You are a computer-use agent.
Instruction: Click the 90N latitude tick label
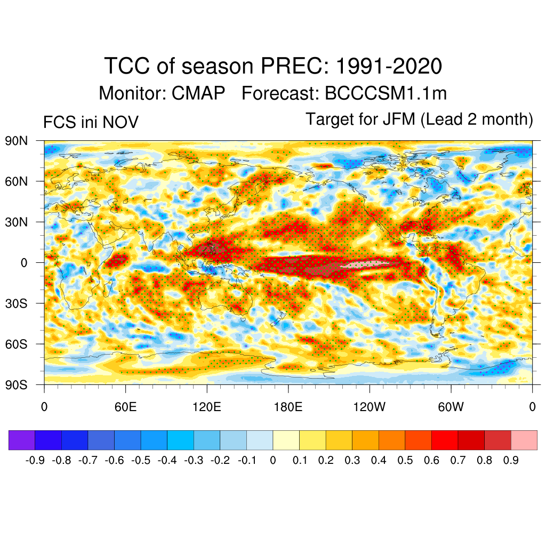[x=15, y=141]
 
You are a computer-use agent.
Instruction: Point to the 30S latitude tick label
[x=15, y=303]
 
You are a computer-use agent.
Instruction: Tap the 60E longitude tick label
[x=125, y=407]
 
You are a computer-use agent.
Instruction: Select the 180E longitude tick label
[x=288, y=407]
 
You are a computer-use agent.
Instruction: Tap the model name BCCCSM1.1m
[x=386, y=94]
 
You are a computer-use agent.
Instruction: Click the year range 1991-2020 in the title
[x=389, y=67]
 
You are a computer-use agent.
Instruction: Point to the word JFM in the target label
[x=399, y=119]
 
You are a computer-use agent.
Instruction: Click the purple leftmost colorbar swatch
[x=22, y=440]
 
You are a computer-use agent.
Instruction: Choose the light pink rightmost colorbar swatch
[x=524, y=440]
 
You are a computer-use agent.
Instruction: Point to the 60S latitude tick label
[x=15, y=344]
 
